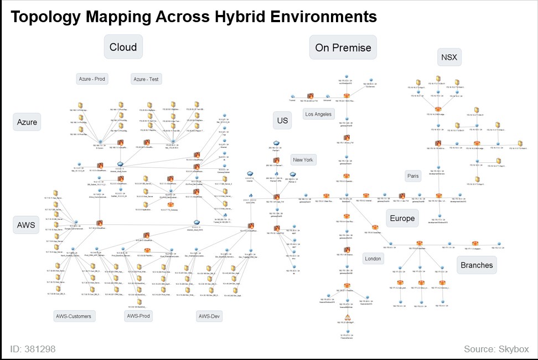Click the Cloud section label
click(x=123, y=47)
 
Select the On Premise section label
click(x=343, y=48)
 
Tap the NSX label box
click(x=448, y=57)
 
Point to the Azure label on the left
click(x=27, y=122)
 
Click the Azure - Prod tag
click(x=92, y=79)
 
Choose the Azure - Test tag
click(x=146, y=79)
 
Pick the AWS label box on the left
click(x=26, y=225)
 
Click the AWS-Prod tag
click(x=138, y=316)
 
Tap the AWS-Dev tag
click(x=209, y=316)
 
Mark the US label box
click(x=282, y=121)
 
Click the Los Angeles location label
click(x=319, y=114)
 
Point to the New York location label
click(x=303, y=160)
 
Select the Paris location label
click(x=413, y=176)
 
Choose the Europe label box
click(x=402, y=218)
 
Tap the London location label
click(x=373, y=259)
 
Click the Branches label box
click(x=477, y=265)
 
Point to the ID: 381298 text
click(x=33, y=349)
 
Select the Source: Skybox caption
click(x=496, y=349)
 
